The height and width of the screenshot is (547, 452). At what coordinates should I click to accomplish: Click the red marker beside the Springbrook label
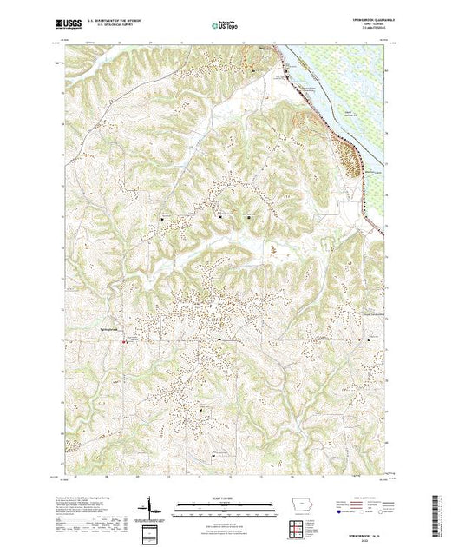click(123, 340)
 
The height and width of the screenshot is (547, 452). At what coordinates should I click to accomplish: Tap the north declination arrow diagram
click(154, 507)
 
